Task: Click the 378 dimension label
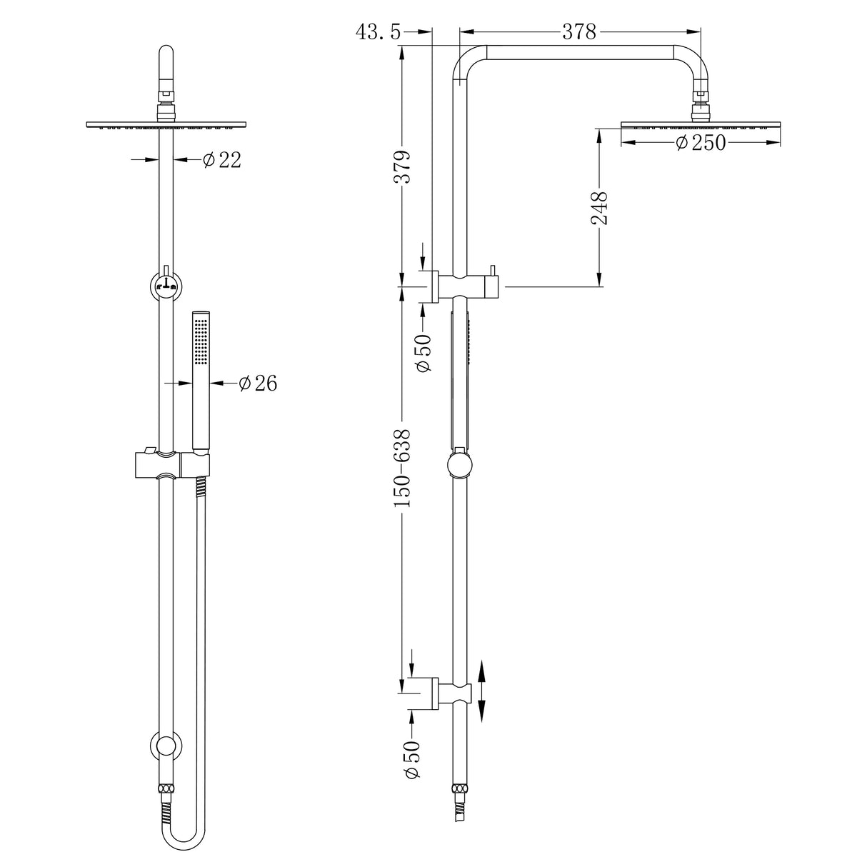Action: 579,31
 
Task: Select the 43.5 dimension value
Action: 379,31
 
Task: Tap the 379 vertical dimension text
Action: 404,167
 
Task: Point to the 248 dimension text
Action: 599,208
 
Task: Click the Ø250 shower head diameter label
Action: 700,143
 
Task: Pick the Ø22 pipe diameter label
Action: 222,160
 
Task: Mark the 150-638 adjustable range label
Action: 404,468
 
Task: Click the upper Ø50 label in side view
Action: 423,352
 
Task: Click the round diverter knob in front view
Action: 166,286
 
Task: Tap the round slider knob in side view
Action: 460,466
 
